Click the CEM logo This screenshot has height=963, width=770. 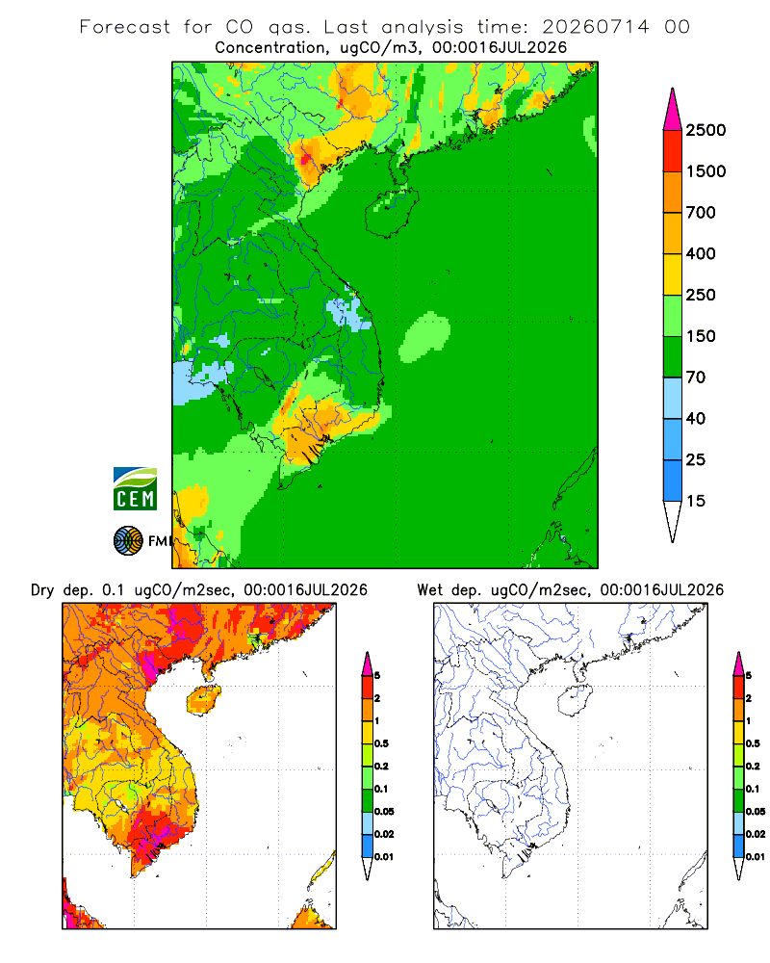pos(135,489)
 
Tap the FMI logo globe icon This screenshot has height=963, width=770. pos(128,541)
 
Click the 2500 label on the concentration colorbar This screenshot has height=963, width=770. pos(706,130)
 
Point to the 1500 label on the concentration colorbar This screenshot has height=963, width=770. pos(706,171)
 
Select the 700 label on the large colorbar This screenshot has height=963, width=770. pos(701,213)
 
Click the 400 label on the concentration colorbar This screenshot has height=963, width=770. pos(701,253)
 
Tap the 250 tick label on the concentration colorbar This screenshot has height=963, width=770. pos(701,295)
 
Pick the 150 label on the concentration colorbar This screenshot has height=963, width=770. pos(701,336)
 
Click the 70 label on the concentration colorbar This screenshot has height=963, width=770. pos(696,377)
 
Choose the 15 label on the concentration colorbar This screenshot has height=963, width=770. pos(696,501)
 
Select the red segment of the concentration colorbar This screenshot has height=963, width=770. pos(673,151)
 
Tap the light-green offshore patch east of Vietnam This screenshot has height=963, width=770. pos(424,337)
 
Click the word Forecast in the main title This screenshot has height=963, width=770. pos(125,27)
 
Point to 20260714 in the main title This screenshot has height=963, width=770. pos(596,27)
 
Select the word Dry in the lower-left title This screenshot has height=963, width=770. pos(42,590)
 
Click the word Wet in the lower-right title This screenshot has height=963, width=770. pos(429,590)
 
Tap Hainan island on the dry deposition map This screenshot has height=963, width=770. pos(203,701)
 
